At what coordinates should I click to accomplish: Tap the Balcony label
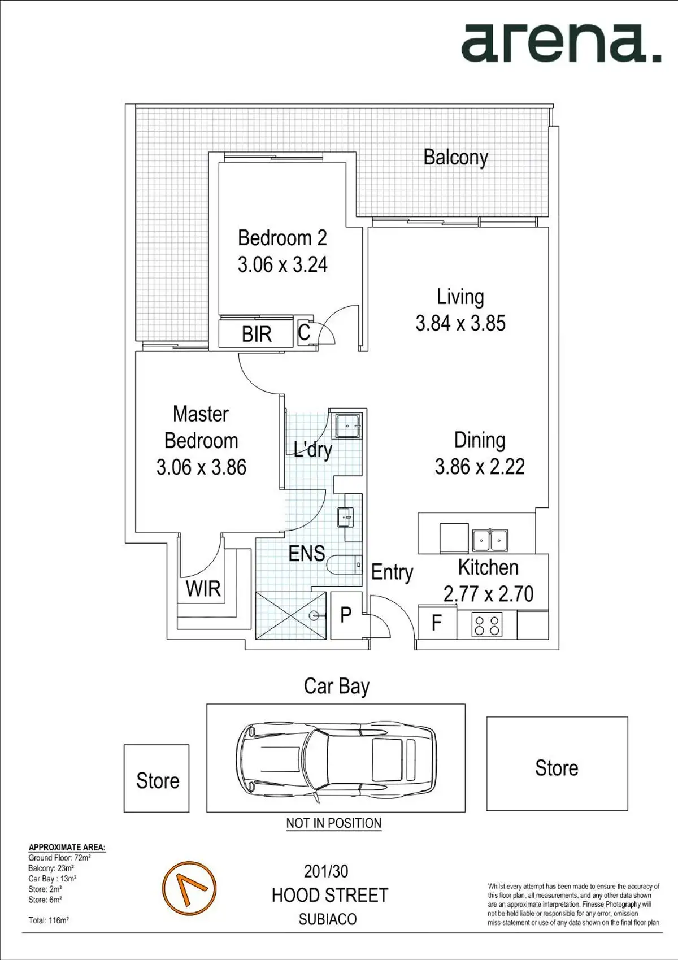point(455,158)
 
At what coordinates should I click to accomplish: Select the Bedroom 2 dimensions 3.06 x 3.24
point(282,264)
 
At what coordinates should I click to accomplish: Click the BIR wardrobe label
point(257,334)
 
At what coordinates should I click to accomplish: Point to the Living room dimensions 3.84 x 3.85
point(460,323)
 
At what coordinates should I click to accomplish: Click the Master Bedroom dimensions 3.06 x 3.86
point(201,467)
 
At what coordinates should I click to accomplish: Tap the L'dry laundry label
point(312,450)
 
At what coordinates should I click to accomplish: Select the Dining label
point(480,440)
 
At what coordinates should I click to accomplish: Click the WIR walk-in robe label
point(203,589)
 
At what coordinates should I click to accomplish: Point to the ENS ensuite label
point(307,553)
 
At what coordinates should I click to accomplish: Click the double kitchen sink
point(490,540)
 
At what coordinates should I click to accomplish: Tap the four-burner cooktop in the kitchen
point(486,625)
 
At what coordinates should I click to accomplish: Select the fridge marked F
point(437,623)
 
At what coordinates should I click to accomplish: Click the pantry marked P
point(346,615)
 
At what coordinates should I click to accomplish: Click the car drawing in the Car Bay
point(336,758)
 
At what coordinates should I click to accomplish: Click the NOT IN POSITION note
point(334,823)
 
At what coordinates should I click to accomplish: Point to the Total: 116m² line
point(49,920)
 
